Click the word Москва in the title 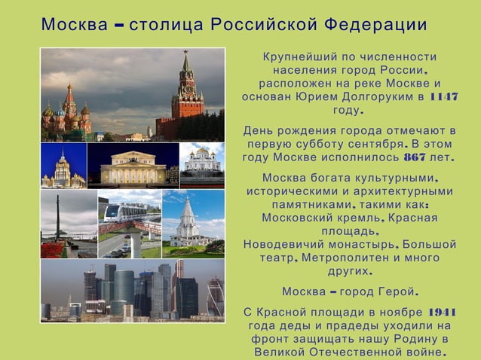point(74,25)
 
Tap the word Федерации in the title point(374,25)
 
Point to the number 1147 point(443,97)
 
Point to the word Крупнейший point(295,57)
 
